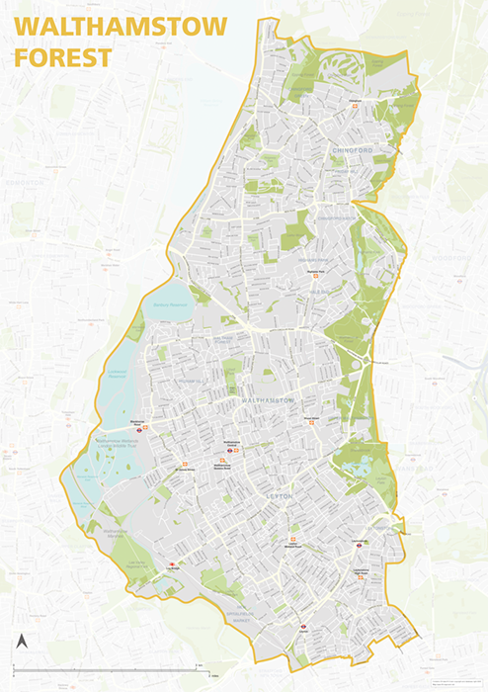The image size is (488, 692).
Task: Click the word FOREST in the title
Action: point(61,57)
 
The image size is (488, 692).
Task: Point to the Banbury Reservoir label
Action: point(169,303)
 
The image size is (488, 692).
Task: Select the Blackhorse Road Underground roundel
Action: point(140,429)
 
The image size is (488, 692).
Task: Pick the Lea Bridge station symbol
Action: point(172,565)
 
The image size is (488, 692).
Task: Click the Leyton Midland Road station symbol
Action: point(291,542)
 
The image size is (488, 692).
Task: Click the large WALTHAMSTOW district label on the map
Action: point(267,398)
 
